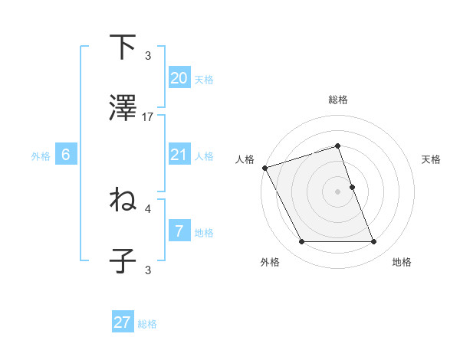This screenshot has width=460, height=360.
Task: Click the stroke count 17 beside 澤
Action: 148,116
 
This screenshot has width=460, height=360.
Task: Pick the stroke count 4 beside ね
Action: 148,208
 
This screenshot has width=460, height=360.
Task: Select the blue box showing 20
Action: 179,78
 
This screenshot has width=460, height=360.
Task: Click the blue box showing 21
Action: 179,155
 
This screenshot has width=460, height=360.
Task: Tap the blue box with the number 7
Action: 179,231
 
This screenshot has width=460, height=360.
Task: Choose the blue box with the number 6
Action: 66,155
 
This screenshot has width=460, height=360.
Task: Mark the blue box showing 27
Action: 123,322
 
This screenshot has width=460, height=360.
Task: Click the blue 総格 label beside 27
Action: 147,324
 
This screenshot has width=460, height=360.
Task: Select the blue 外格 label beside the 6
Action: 41,155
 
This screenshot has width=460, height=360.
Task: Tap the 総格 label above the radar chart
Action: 338,100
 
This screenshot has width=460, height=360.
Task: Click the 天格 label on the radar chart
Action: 431,159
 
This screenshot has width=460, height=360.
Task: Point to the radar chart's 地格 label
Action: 402,263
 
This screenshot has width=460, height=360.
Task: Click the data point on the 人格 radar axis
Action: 265,168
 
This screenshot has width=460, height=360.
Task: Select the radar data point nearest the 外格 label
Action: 301,242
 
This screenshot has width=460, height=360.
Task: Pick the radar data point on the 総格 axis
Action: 338,146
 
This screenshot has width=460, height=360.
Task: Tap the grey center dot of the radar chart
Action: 338,191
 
